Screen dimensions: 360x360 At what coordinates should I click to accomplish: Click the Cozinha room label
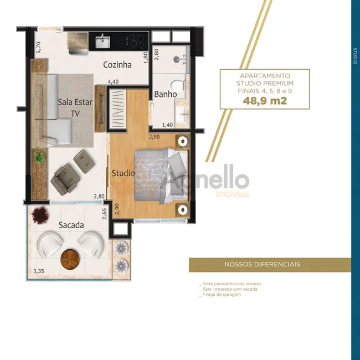pyautogui.click(x=117, y=65)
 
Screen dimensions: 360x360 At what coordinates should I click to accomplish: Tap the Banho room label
pyautogui.click(x=166, y=94)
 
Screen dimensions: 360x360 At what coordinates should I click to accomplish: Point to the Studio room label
pyautogui.click(x=123, y=173)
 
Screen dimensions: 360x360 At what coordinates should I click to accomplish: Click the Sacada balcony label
pyautogui.click(x=71, y=225)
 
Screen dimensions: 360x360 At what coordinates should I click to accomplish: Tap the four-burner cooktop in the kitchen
pyautogui.click(x=135, y=40)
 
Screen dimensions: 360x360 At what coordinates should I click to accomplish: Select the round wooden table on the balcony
pyautogui.click(x=69, y=258)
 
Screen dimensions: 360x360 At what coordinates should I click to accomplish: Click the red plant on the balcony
pyautogui.click(x=39, y=214)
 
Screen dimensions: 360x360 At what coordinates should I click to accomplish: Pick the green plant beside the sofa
pyautogui.click(x=38, y=158)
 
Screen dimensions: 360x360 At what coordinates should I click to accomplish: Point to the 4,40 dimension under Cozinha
pyautogui.click(x=113, y=81)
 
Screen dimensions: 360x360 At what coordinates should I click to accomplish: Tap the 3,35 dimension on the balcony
pyautogui.click(x=39, y=271)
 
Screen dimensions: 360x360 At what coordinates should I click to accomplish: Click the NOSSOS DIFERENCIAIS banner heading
pyautogui.click(x=270, y=264)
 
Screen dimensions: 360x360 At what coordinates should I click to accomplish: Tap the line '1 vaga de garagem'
pyautogui.click(x=222, y=294)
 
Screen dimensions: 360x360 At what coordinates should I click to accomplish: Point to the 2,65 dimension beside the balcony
pyautogui.click(x=104, y=213)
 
